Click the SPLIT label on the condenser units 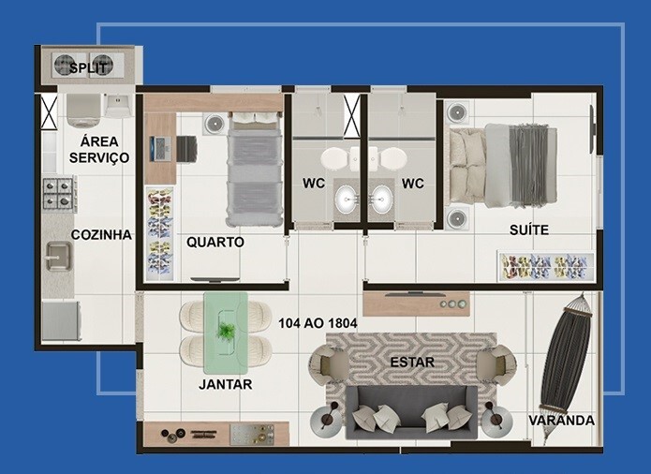(x=87, y=67)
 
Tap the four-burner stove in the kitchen (x=58, y=193)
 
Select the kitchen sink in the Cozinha (x=58, y=257)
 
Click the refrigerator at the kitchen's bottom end (x=61, y=320)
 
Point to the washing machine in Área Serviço (x=83, y=111)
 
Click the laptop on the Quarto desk (x=160, y=149)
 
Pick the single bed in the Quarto (x=254, y=169)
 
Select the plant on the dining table (x=226, y=332)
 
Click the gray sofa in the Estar (x=411, y=412)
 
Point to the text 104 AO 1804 (x=318, y=323)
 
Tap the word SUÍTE (x=529, y=230)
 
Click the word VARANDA (x=561, y=421)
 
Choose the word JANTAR (x=226, y=384)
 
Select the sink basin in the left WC (x=348, y=200)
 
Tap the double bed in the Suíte (x=502, y=166)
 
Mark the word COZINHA (x=101, y=235)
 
